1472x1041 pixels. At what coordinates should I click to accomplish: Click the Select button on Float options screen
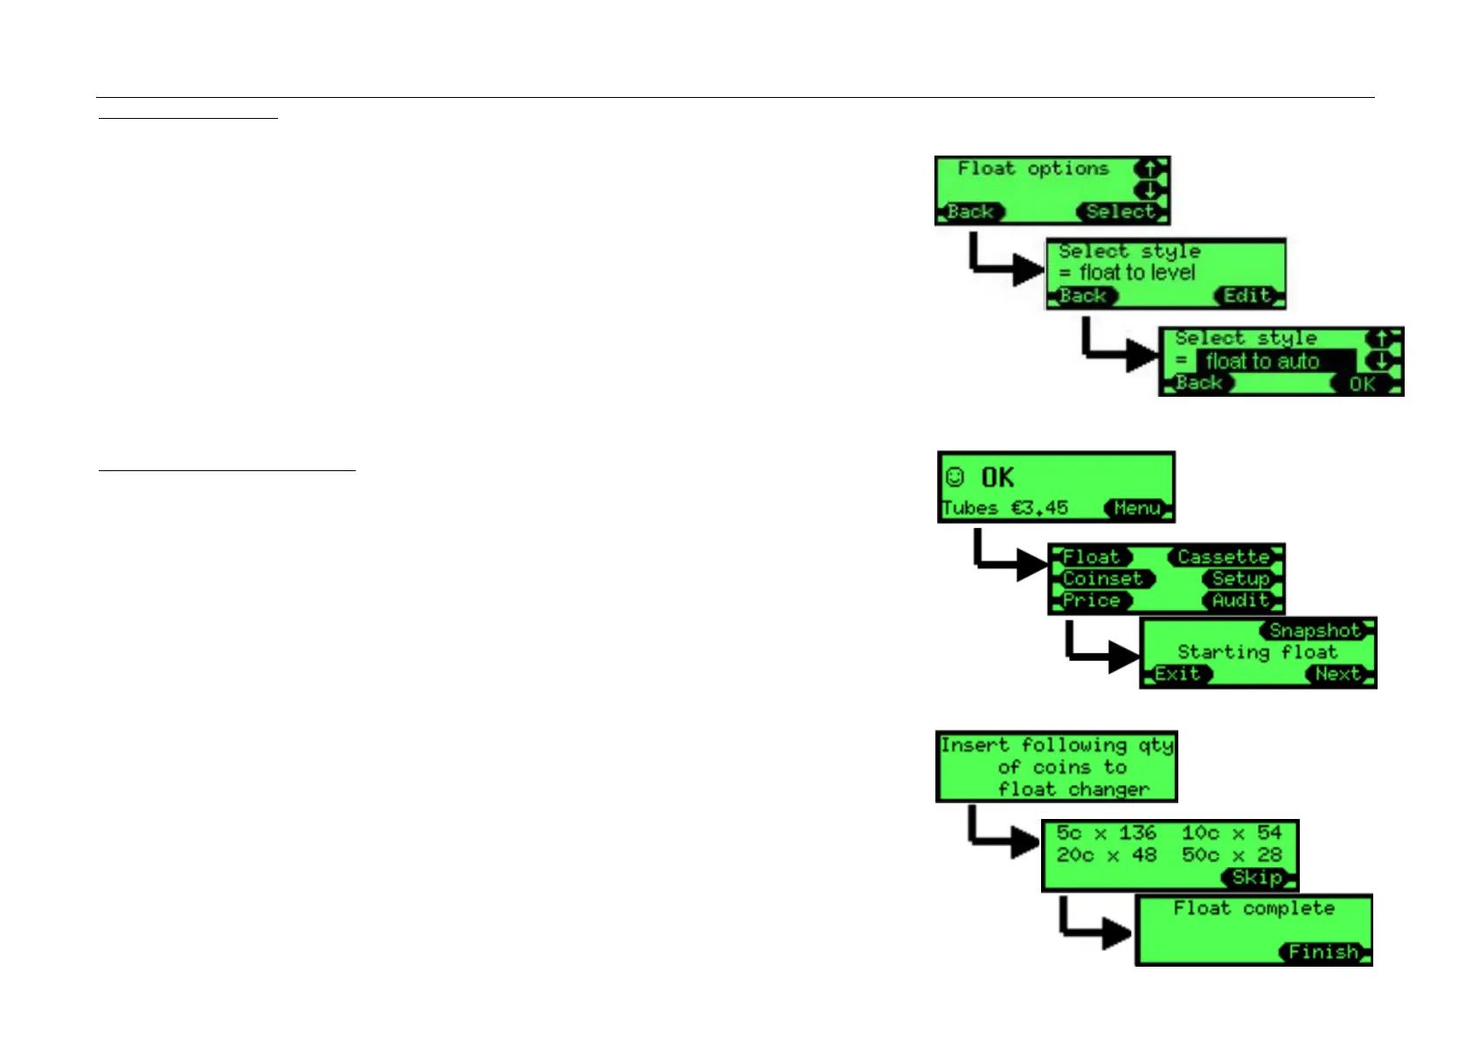[x=1121, y=212]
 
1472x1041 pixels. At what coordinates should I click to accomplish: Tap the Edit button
[x=1247, y=295]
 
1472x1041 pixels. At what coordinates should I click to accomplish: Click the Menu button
[x=1137, y=508]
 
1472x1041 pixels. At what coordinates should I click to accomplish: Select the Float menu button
[x=1092, y=557]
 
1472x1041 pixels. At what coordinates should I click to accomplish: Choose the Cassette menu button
[x=1223, y=557]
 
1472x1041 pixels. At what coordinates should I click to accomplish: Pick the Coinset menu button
[x=1103, y=579]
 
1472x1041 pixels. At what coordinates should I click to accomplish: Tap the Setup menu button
[x=1240, y=579]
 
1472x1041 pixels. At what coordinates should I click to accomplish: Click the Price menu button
[x=1092, y=600]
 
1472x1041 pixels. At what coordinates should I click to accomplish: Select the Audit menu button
[x=1240, y=600]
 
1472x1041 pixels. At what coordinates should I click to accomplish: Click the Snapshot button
[x=1316, y=630]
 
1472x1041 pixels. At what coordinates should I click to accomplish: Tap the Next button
[x=1338, y=674]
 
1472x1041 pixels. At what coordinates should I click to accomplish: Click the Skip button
[x=1258, y=878]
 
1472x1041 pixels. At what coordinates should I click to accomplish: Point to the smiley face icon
[x=955, y=477]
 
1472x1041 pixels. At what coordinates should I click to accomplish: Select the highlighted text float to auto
[x=1263, y=361]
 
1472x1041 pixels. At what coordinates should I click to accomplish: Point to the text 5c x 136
[x=1106, y=833]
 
